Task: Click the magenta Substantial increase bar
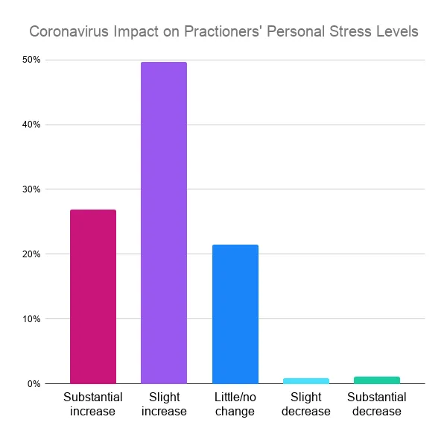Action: point(93,297)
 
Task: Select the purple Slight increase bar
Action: point(164,223)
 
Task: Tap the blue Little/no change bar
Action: point(235,314)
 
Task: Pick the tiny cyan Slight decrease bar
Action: point(306,380)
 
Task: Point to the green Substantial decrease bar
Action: point(377,380)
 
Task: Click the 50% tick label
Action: point(31,60)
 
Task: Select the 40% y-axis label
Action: point(31,125)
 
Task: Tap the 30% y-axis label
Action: point(31,189)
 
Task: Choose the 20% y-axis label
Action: point(31,254)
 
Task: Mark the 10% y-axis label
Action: point(31,319)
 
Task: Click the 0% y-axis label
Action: point(33,384)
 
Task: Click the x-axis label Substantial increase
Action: point(93,404)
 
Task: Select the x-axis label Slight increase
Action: point(164,404)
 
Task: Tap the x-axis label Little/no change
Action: point(235,404)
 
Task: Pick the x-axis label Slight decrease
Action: point(306,404)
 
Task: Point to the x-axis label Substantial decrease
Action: point(377,404)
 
